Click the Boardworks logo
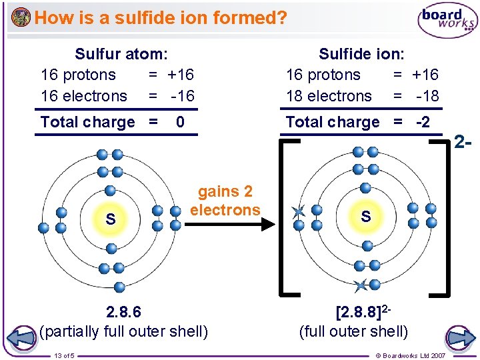click(x=447, y=21)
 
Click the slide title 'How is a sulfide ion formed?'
click(x=160, y=17)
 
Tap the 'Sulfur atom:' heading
click(x=121, y=53)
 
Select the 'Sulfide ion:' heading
click(x=361, y=53)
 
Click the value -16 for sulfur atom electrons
click(x=181, y=96)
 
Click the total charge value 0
click(x=180, y=122)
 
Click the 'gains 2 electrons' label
click(x=225, y=201)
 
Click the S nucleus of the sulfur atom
click(x=111, y=219)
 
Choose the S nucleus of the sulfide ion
click(x=365, y=217)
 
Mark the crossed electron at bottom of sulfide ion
click(x=361, y=286)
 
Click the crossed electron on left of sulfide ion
click(x=297, y=213)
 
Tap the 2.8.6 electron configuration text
click(x=123, y=312)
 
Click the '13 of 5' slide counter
click(x=65, y=354)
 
